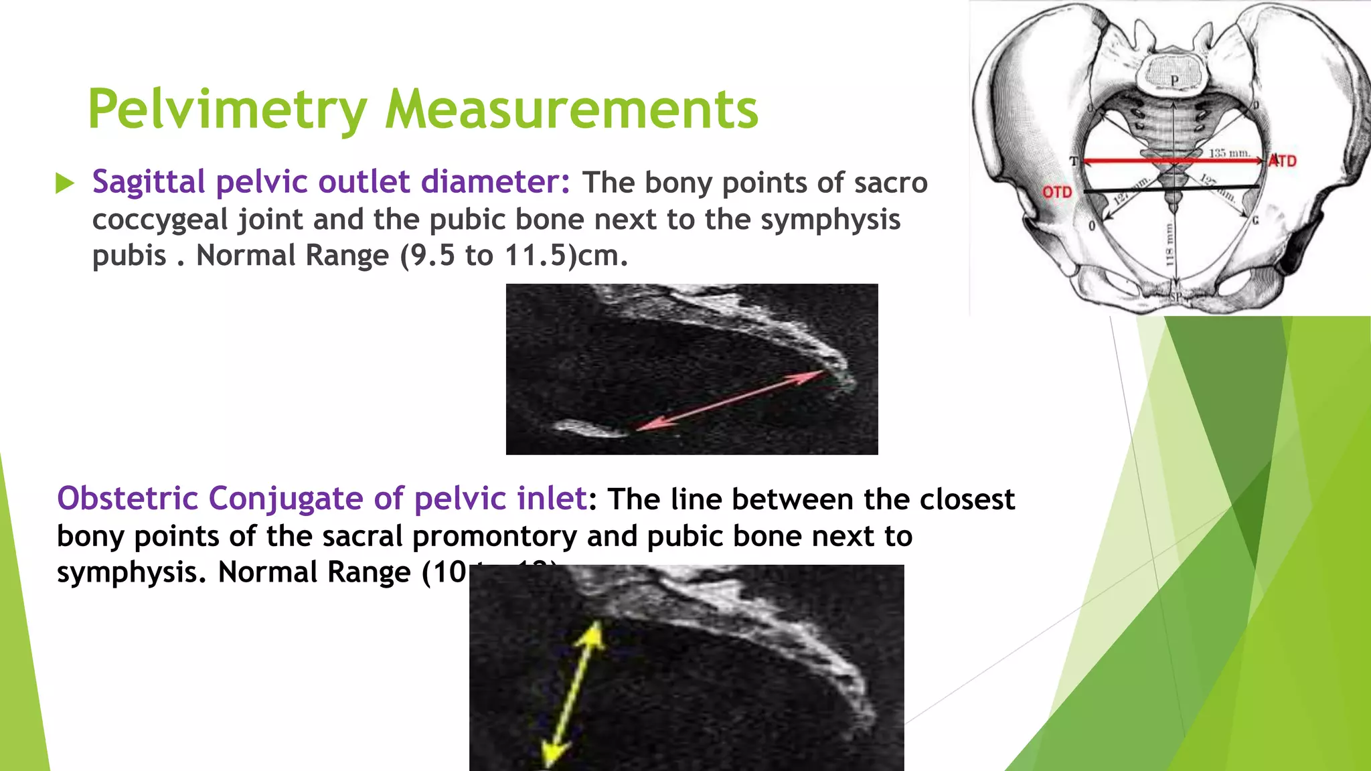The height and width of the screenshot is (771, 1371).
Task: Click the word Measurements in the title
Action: coord(572,110)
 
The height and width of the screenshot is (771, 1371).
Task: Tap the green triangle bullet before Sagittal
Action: coord(65,183)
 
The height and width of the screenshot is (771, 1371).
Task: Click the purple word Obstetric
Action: coord(127,499)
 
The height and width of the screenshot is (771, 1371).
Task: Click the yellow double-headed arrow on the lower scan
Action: coord(573,693)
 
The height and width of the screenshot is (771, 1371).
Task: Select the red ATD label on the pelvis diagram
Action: coord(1284,161)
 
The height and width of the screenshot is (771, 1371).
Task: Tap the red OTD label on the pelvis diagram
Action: coord(1057,193)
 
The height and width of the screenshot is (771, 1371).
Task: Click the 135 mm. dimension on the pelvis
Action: coord(1229,153)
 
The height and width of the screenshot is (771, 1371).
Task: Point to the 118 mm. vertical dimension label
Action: coord(1170,244)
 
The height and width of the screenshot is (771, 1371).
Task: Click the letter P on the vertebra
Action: coord(1174,81)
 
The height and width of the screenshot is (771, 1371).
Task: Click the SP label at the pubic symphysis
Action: coord(1176,296)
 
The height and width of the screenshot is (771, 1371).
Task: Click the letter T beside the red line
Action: coord(1074,161)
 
